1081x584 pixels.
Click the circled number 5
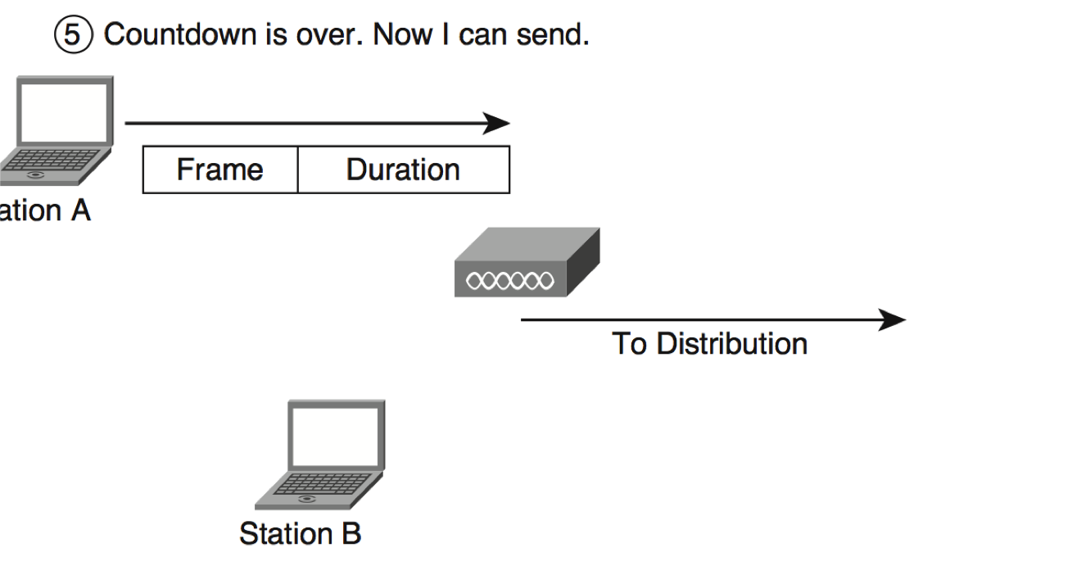pos(74,36)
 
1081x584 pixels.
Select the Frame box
pos(219,170)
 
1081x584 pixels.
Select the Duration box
pos(403,170)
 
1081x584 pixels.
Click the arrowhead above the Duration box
pos(496,124)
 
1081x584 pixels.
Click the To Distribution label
pos(709,343)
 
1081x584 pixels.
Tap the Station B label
pos(300,533)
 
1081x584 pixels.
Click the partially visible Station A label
pos(45,211)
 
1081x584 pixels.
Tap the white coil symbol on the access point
pos(509,281)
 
